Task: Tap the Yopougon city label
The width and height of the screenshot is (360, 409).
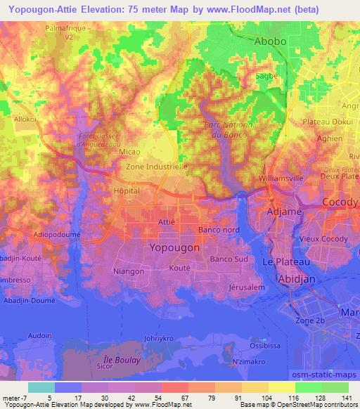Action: click(x=175, y=248)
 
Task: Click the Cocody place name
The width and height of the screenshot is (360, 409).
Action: click(x=340, y=202)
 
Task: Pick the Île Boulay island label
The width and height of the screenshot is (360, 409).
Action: click(x=117, y=360)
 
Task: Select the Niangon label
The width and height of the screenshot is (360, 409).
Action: click(x=129, y=271)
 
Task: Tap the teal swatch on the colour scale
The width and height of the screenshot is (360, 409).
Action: click(x=41, y=387)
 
